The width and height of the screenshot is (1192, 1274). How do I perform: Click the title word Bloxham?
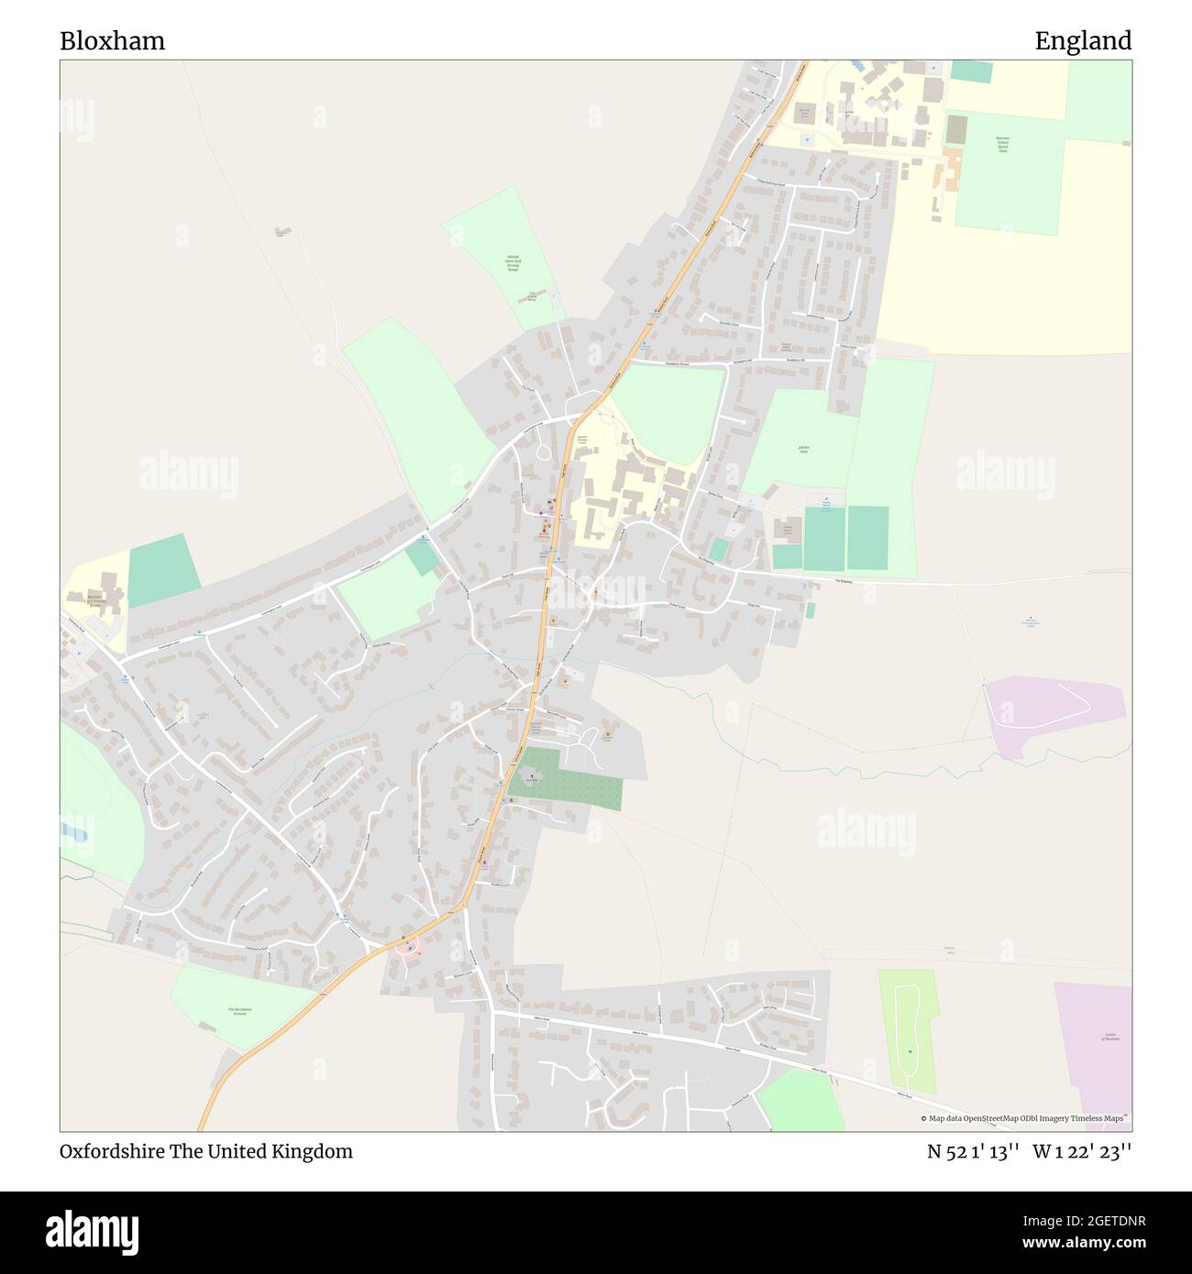[112, 41]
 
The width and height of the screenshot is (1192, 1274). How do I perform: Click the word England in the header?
[1083, 41]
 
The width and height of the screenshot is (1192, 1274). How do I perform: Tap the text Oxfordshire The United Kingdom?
[206, 1151]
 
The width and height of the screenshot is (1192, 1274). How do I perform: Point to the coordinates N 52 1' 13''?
[973, 1151]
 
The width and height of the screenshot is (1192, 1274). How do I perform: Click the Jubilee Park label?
[803, 449]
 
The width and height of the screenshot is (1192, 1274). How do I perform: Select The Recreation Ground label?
[238, 1011]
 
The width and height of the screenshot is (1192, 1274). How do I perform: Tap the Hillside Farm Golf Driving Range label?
[512, 263]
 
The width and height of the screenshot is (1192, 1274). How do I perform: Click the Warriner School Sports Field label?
[1002, 144]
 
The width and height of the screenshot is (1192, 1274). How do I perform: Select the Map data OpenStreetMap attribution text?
[1024, 1118]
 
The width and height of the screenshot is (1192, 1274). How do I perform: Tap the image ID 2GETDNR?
[1112, 1221]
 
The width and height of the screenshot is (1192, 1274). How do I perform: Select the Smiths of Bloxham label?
[1111, 1038]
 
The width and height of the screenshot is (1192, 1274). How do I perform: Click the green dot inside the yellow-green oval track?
[910, 1051]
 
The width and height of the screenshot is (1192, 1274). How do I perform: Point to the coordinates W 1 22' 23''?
[1082, 1151]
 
